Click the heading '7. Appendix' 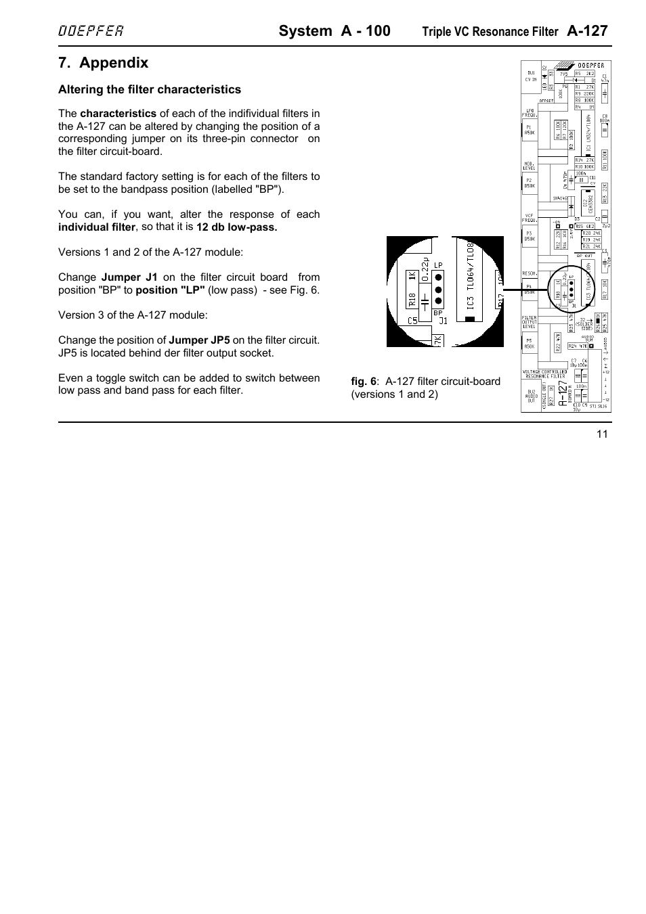click(x=103, y=63)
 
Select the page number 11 click(x=602, y=434)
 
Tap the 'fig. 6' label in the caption click(x=363, y=382)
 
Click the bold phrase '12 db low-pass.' click(x=237, y=227)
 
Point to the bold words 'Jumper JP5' click(x=199, y=340)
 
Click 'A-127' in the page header click(x=587, y=30)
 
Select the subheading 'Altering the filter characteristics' click(x=149, y=89)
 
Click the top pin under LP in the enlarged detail click(x=439, y=277)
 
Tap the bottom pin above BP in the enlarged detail click(x=439, y=301)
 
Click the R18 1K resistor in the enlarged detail click(x=412, y=288)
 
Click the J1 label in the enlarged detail click(x=444, y=321)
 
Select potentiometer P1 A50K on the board click(x=529, y=130)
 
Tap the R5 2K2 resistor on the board click(x=584, y=72)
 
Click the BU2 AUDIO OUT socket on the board click(x=531, y=396)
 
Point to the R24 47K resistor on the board click(x=578, y=346)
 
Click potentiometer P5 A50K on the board click(x=529, y=343)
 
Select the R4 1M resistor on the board click(x=584, y=107)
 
